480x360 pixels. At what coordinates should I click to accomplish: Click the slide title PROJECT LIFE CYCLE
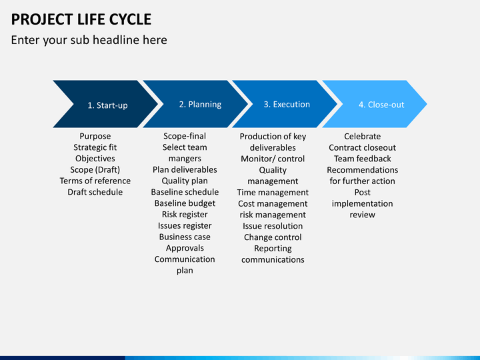81,19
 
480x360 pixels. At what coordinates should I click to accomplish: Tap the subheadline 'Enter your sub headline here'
89,40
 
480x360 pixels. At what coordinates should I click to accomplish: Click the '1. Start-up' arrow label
107,105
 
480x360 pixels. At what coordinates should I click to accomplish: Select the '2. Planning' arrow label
200,105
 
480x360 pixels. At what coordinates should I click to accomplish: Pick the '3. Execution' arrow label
287,105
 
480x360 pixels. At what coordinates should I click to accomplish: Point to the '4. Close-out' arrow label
381,105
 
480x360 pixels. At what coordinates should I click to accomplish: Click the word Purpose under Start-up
95,136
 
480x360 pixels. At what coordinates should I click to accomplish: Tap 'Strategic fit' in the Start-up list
95,147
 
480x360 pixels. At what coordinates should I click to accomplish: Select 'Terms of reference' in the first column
95,181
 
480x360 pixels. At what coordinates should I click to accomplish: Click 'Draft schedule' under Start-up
95,192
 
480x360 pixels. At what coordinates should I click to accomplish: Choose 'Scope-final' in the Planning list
185,136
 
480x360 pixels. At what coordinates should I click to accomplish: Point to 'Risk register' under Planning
185,214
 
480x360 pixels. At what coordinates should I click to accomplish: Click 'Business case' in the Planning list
185,237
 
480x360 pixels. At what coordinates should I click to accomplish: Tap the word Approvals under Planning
185,248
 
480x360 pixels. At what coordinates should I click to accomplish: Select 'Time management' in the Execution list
273,192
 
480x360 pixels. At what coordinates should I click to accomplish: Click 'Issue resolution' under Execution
273,226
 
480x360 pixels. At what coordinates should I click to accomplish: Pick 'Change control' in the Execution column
273,237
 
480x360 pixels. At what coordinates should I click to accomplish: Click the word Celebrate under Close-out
363,136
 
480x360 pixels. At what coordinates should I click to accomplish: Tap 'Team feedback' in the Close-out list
363,159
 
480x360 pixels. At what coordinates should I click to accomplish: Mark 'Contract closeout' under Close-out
363,147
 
